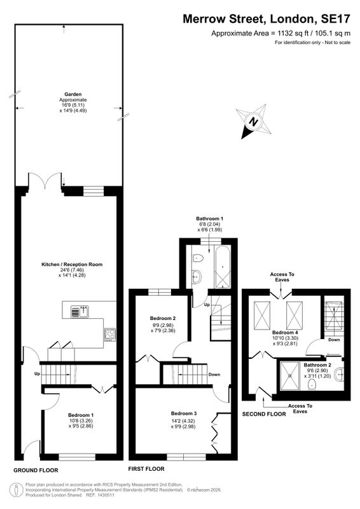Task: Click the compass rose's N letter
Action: tap(253, 122)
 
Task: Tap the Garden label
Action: tap(73, 94)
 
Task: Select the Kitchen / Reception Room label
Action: tap(72, 265)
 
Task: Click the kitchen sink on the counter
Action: tap(80, 312)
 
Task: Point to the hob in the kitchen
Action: tap(110, 335)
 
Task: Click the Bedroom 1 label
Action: tap(81, 415)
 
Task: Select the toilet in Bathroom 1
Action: tap(197, 258)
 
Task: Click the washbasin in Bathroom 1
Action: tap(197, 277)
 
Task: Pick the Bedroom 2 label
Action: tap(163, 318)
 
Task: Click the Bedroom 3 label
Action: tap(184, 413)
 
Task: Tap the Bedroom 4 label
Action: tap(285, 332)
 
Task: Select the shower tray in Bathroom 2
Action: tap(290, 376)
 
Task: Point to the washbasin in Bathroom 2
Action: tap(340, 374)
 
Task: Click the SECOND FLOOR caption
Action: tap(264, 414)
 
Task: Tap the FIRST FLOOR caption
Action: tap(146, 469)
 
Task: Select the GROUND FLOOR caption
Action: tap(36, 470)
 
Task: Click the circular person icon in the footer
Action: tap(16, 489)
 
